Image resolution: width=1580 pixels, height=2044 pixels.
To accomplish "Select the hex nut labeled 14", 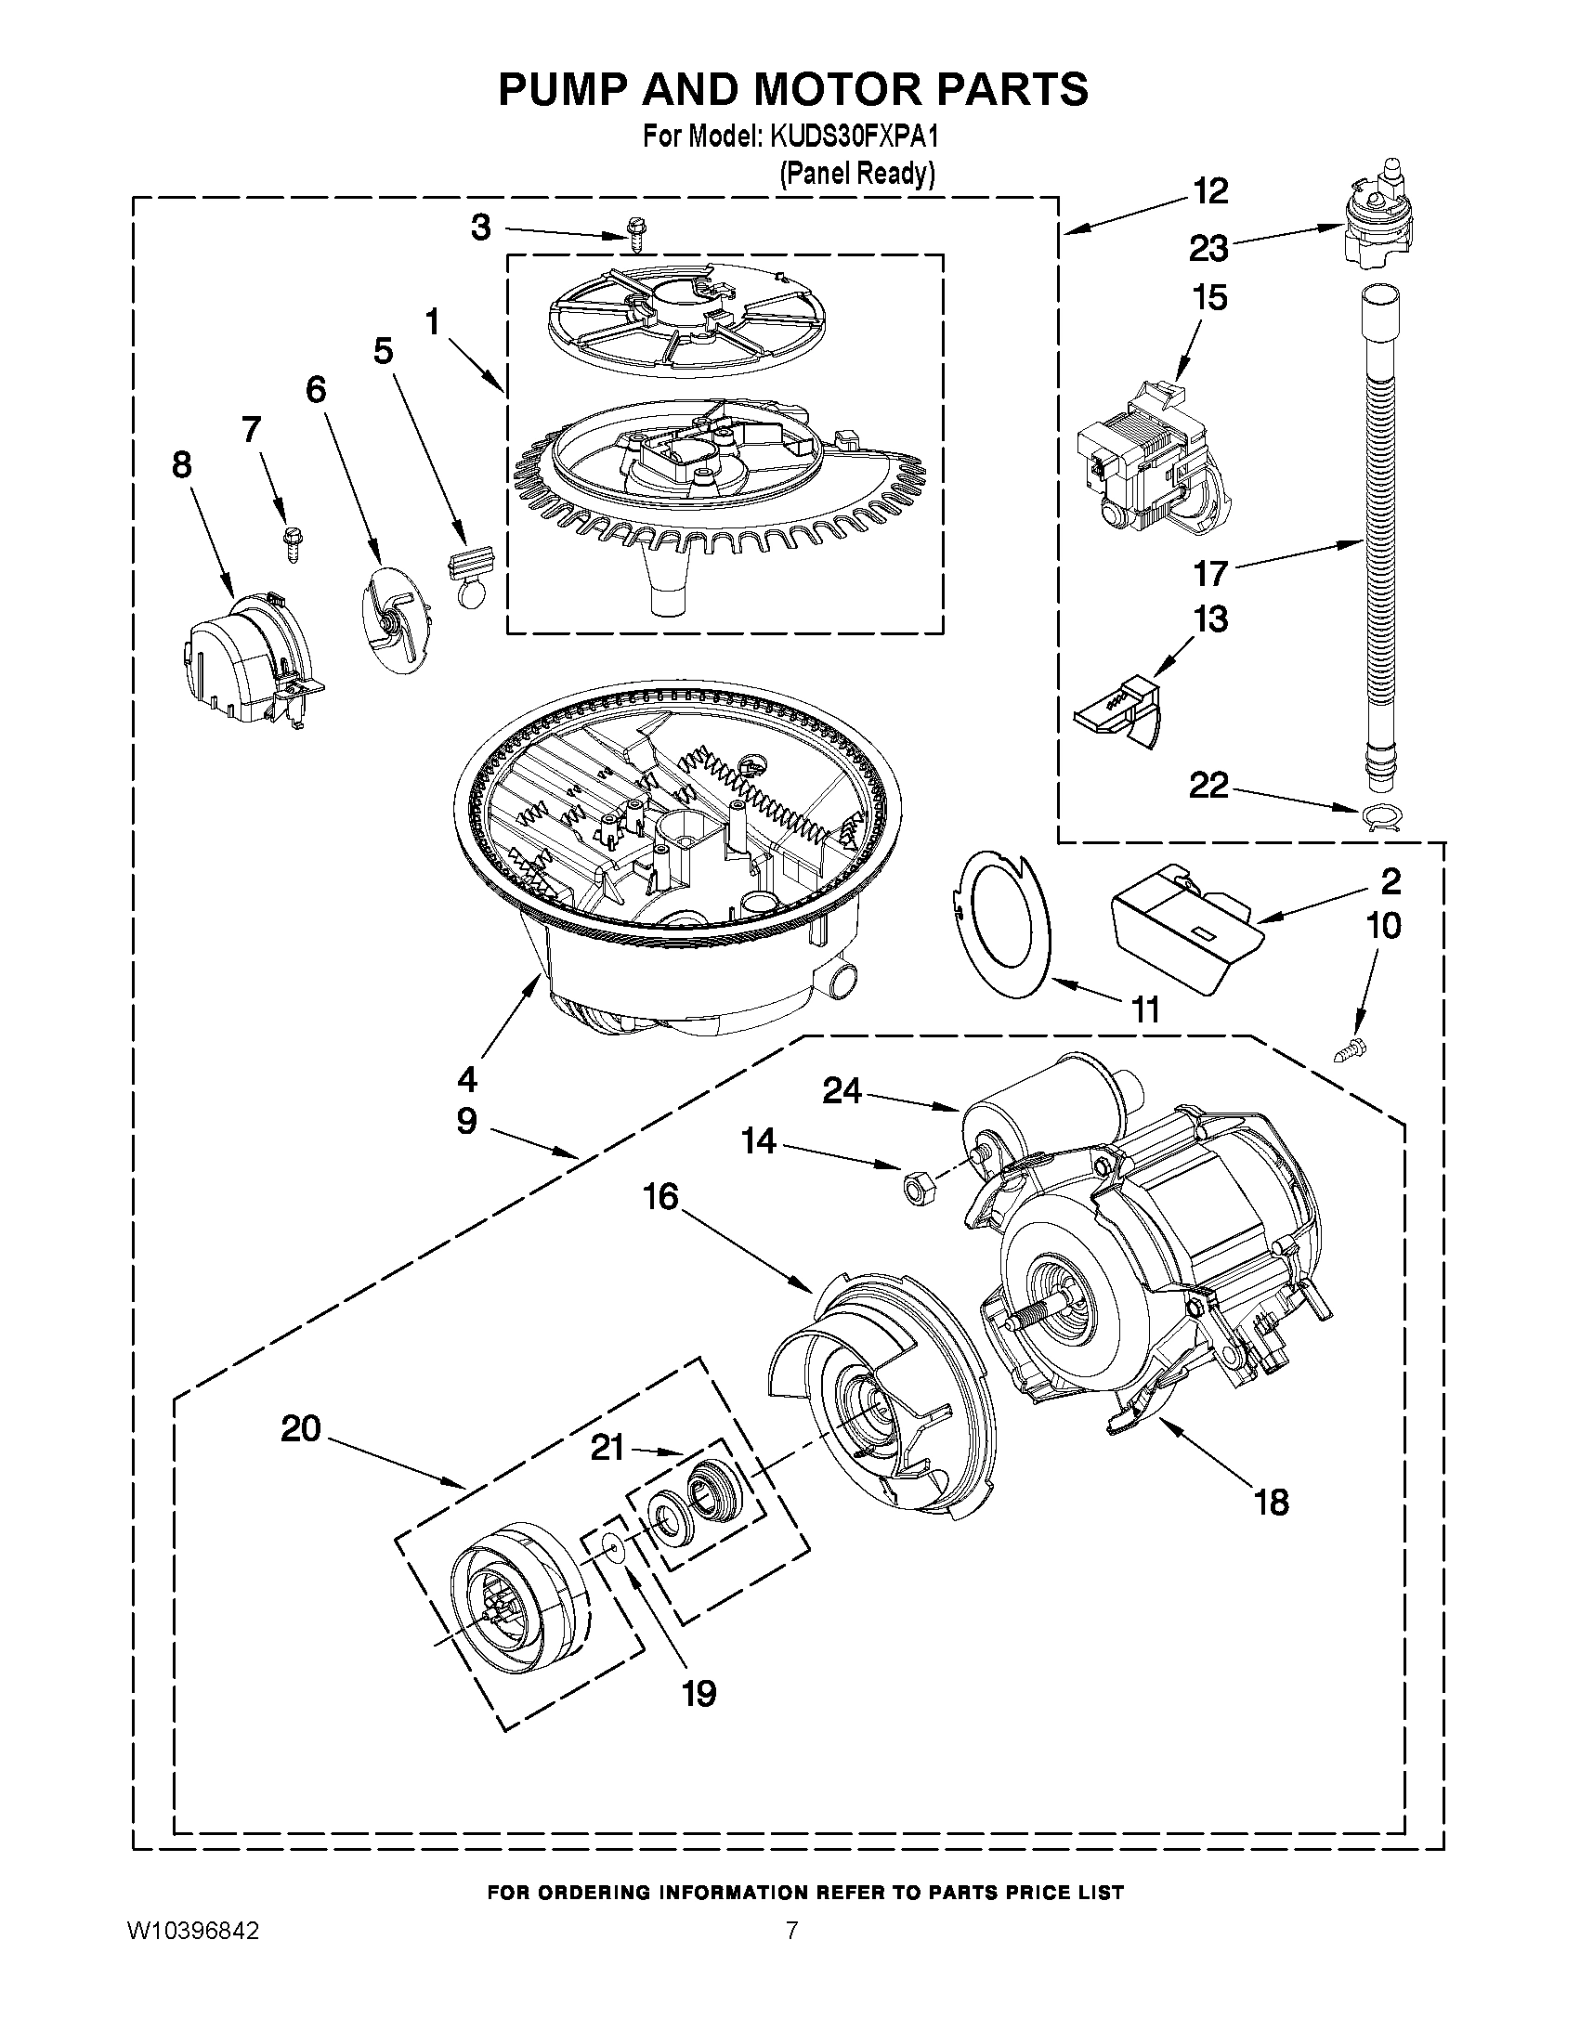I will pyautogui.click(x=908, y=1188).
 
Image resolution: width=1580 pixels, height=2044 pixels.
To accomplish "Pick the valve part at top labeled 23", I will pyautogui.click(x=1369, y=225).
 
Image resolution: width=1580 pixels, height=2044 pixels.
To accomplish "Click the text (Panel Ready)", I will pyautogui.click(x=857, y=173).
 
